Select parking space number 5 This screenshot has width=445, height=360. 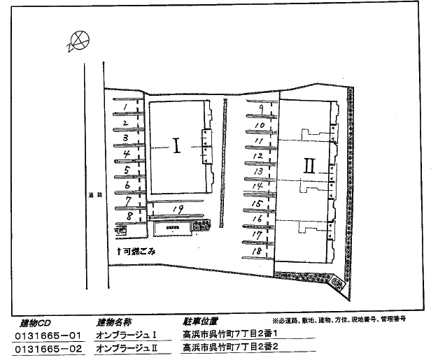[x=127, y=170]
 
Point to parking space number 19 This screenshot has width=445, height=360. [x=178, y=209]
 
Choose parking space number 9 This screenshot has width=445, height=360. [x=260, y=108]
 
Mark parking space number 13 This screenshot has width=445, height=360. [x=258, y=171]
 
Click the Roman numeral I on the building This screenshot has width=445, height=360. [x=176, y=146]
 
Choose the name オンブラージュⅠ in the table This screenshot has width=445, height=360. [x=125, y=336]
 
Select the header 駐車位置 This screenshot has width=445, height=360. [x=199, y=322]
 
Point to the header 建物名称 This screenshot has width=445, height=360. [x=114, y=322]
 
